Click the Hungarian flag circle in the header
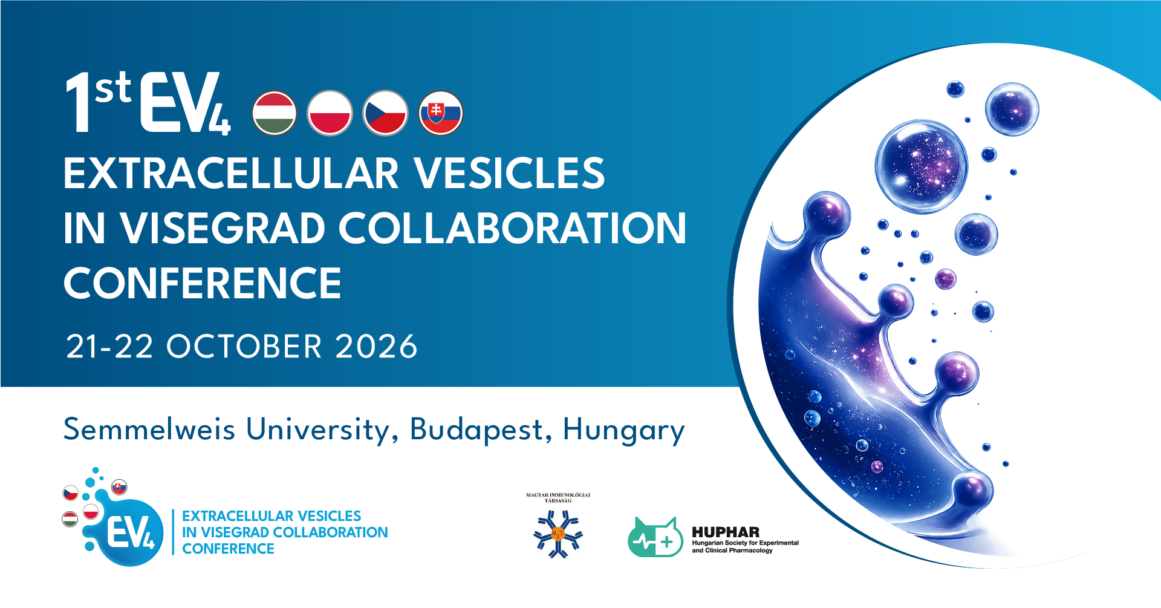[x=275, y=113]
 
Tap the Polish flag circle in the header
[x=330, y=113]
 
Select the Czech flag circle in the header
[x=385, y=113]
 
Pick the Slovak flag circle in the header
[x=441, y=113]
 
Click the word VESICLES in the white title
[x=509, y=173]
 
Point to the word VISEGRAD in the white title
[x=223, y=228]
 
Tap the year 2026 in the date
[x=376, y=347]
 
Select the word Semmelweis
[x=149, y=430]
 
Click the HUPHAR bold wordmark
[x=726, y=532]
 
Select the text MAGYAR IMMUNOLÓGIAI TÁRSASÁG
[x=558, y=498]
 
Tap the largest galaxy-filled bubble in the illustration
[x=921, y=166]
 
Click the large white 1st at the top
[x=98, y=101]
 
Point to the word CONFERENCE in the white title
[x=203, y=283]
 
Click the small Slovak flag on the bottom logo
[x=119, y=487]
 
